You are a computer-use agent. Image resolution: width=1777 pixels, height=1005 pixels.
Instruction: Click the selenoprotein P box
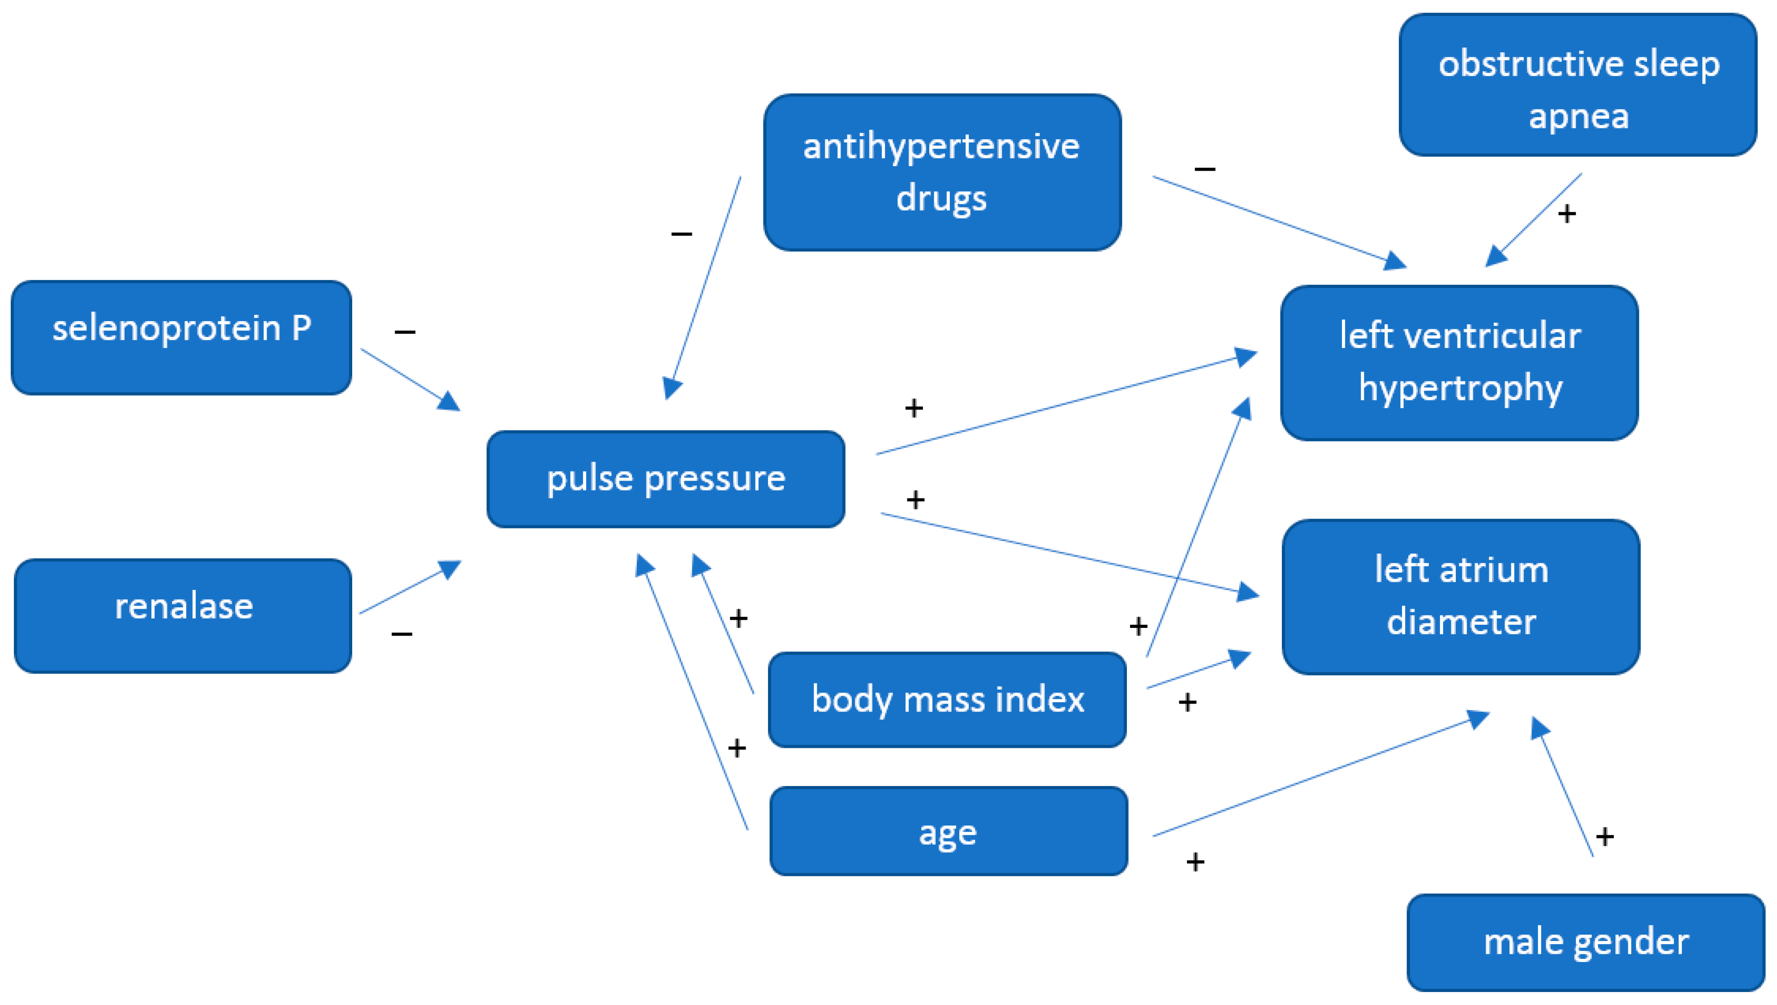pos(181,338)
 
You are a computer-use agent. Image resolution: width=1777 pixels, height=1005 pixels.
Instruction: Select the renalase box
pos(183,616)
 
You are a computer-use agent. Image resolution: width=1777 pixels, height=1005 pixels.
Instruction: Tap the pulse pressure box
pos(665,479)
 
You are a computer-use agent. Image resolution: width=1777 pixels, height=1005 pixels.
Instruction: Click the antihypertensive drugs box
pos(942,172)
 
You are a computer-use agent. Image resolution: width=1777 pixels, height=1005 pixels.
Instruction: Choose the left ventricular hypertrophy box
pos(1459,362)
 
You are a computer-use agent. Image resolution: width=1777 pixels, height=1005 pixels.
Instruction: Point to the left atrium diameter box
pos(1461,597)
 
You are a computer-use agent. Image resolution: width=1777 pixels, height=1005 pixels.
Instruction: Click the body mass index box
pos(947,699)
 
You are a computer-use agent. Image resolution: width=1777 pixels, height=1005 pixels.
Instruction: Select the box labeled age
pos(949,831)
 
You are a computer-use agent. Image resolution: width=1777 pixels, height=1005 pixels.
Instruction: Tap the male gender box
pos(1586,942)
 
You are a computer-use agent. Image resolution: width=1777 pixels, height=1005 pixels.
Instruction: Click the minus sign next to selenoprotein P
pos(405,332)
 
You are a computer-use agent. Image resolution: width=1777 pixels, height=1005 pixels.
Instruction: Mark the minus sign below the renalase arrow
pos(402,634)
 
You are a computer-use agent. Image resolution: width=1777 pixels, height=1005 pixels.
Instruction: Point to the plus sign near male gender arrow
pos(1605,837)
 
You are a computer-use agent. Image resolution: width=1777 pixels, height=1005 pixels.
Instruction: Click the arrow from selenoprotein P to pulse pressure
pos(410,379)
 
